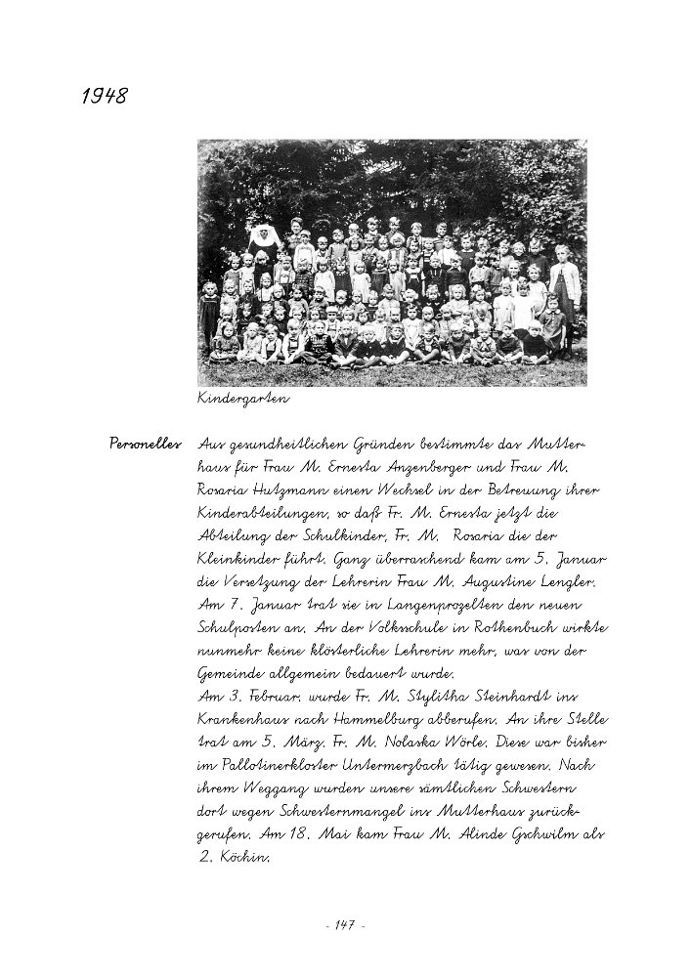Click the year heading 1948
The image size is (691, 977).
(x=103, y=96)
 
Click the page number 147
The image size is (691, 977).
(x=343, y=924)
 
